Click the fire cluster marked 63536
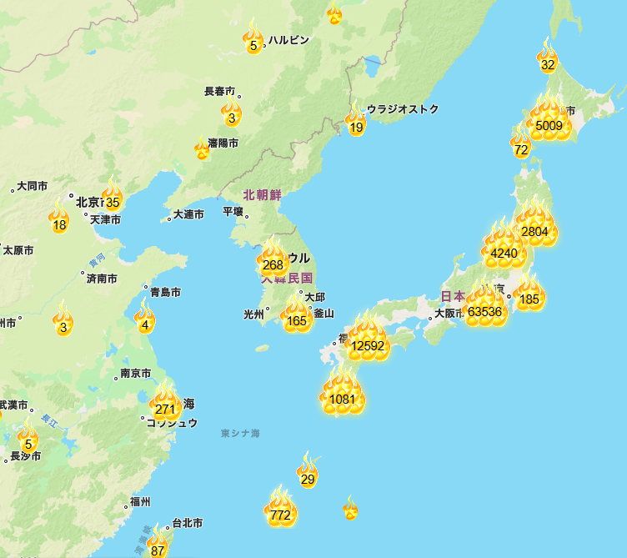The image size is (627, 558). [x=484, y=310]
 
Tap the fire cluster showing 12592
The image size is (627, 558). [x=367, y=344]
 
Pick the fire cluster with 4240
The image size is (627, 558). [x=504, y=252]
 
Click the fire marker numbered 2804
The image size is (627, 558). [x=534, y=229]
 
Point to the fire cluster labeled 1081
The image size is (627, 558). [x=343, y=397]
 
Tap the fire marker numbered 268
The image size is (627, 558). [x=273, y=264]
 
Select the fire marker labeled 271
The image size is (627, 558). [x=166, y=407]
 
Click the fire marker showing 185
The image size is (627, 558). [x=529, y=298]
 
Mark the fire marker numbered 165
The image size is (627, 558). [x=298, y=319]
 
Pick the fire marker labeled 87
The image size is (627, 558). [x=158, y=548]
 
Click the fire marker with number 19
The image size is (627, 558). [x=356, y=125]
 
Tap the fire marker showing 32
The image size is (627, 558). [x=547, y=63]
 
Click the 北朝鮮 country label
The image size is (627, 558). [x=263, y=195]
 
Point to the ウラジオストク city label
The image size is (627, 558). [x=403, y=109]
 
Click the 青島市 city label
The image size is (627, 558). [x=164, y=292]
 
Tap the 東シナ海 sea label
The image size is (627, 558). [x=240, y=434]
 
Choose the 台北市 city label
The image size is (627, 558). [x=187, y=523]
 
